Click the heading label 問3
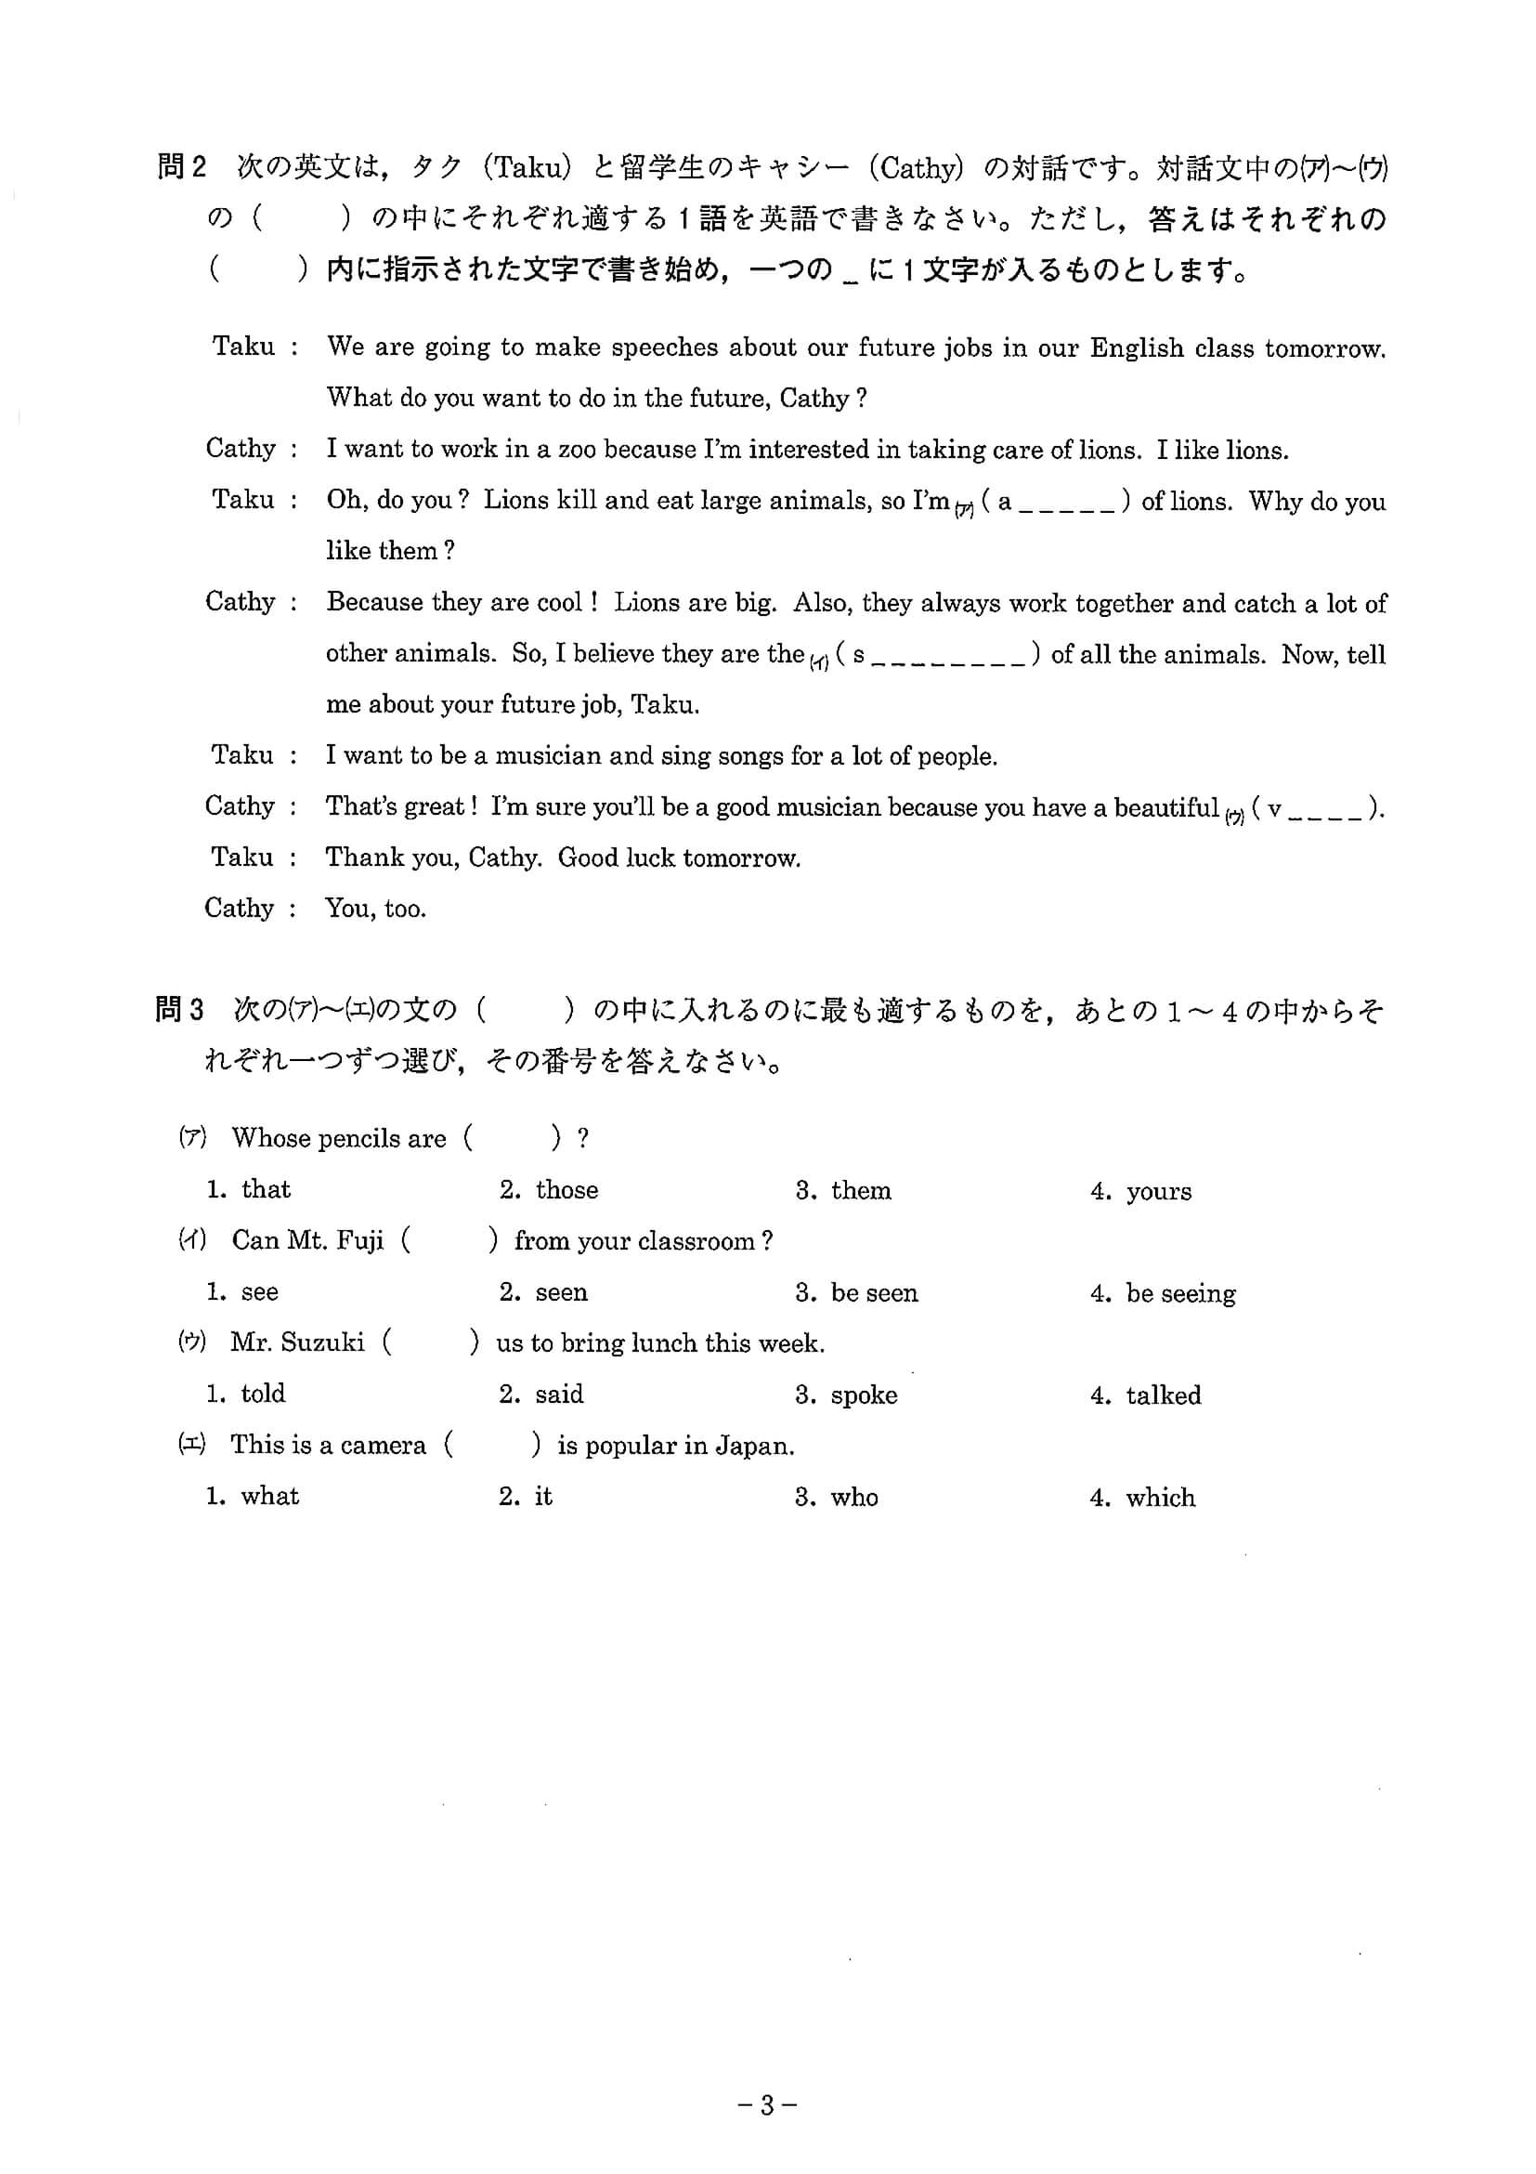179,1010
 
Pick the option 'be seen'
874,1293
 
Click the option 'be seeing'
1180,1294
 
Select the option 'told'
262,1394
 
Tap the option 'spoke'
863,1395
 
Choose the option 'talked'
1162,1395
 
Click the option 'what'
269,1496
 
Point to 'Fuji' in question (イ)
360,1241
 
